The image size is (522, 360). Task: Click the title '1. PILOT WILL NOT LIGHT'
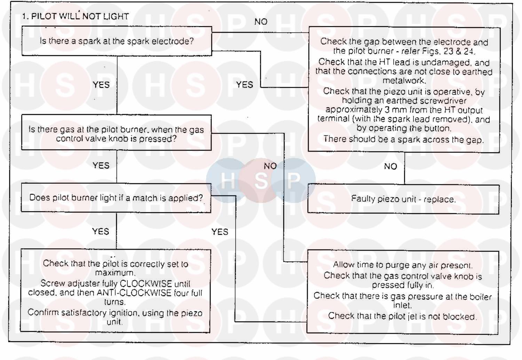[x=76, y=16]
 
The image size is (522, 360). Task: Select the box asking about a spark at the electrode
[x=117, y=41]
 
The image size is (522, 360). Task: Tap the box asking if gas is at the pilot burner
[x=116, y=134]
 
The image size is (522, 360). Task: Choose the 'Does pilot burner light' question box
[x=116, y=198]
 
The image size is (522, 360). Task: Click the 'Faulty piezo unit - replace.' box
[x=403, y=199]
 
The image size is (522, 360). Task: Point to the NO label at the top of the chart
[x=261, y=22]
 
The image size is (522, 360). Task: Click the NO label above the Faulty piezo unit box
[x=390, y=167]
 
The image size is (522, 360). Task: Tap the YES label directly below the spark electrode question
[x=101, y=85]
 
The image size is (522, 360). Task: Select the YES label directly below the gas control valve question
[x=101, y=166]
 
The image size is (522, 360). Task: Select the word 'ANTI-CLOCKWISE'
[x=134, y=293]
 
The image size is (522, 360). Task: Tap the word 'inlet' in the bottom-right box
[x=402, y=305]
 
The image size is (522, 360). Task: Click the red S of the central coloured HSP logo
[x=260, y=180]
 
